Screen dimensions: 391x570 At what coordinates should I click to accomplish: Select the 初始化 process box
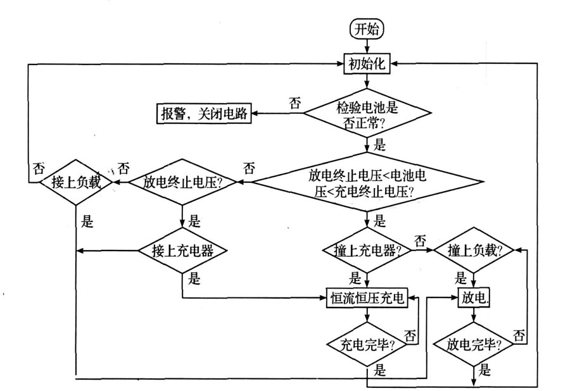point(367,63)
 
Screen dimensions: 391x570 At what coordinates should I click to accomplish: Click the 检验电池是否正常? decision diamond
point(367,114)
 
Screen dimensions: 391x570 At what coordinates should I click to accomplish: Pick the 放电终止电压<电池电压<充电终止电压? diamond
point(367,182)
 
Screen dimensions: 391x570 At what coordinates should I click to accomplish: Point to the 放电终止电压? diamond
point(183,182)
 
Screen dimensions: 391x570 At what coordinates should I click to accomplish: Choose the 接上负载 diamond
point(76,182)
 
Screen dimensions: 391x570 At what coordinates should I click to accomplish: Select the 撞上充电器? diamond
point(367,251)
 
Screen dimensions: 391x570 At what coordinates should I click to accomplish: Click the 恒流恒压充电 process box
point(367,297)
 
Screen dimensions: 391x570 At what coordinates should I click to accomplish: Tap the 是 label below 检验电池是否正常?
point(380,145)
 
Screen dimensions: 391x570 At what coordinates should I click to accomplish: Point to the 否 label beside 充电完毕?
point(410,333)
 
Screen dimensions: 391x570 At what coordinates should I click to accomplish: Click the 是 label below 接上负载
point(88,221)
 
